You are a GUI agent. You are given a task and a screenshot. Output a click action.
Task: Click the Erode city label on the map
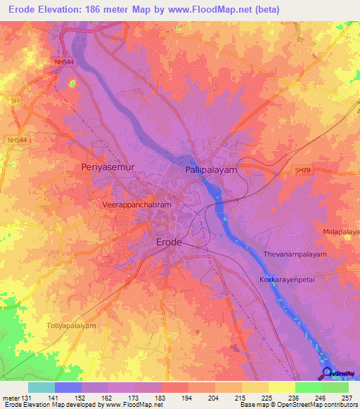click(168, 242)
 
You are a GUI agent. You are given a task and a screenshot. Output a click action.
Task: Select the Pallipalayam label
click(212, 170)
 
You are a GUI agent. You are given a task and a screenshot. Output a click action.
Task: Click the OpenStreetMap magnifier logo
click(328, 373)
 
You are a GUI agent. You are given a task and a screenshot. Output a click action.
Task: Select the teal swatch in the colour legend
click(41, 387)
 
